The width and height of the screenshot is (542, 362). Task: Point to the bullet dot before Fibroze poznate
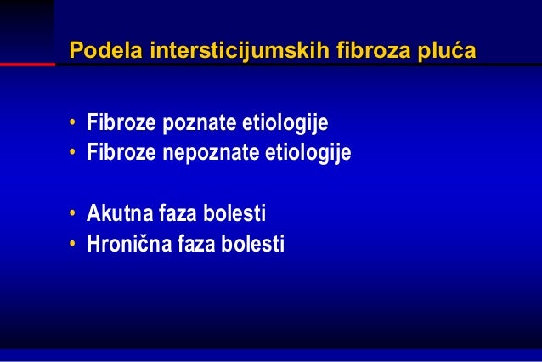coord(75,127)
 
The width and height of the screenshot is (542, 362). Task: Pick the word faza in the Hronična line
coord(199,245)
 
